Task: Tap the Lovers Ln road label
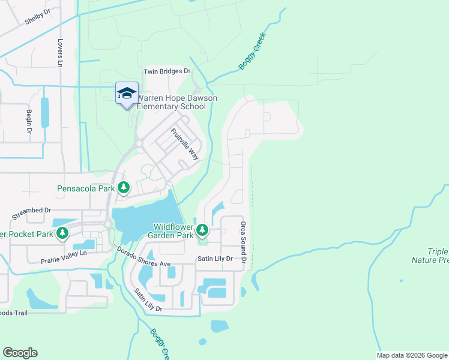tap(60, 53)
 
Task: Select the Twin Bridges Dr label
tap(166, 71)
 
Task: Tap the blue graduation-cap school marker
tap(127, 94)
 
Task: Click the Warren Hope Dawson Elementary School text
tap(176, 102)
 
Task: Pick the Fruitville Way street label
tap(185, 144)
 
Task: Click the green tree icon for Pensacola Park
tap(123, 188)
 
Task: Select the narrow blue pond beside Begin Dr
tap(44, 112)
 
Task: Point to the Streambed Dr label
tap(31, 214)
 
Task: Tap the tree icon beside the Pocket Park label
tap(62, 233)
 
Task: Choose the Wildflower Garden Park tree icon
tap(203, 229)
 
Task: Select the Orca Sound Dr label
tap(244, 242)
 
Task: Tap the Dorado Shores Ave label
tap(145, 257)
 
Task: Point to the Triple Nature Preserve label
tap(430, 256)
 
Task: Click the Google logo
tap(20, 353)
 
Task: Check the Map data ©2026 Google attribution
tap(411, 355)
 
